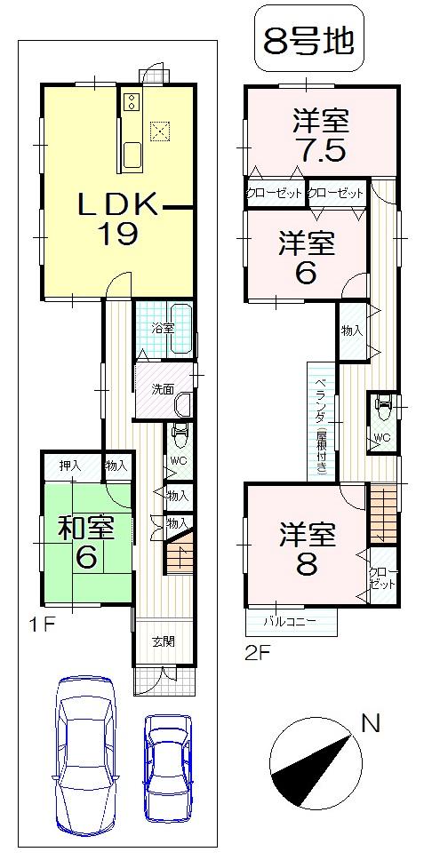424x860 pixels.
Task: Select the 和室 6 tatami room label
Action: point(86,541)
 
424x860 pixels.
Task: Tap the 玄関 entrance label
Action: point(162,640)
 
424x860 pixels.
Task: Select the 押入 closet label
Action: point(70,465)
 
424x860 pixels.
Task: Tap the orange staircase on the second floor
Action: point(384,514)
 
